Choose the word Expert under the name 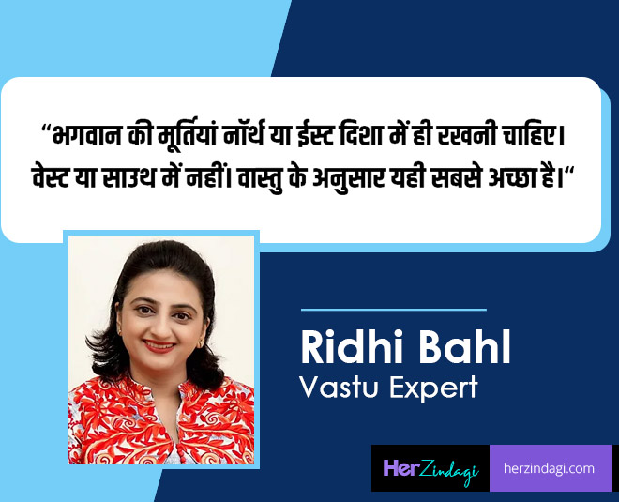431,388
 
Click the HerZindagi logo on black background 430,468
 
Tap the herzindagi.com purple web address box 551,468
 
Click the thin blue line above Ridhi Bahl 393,309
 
